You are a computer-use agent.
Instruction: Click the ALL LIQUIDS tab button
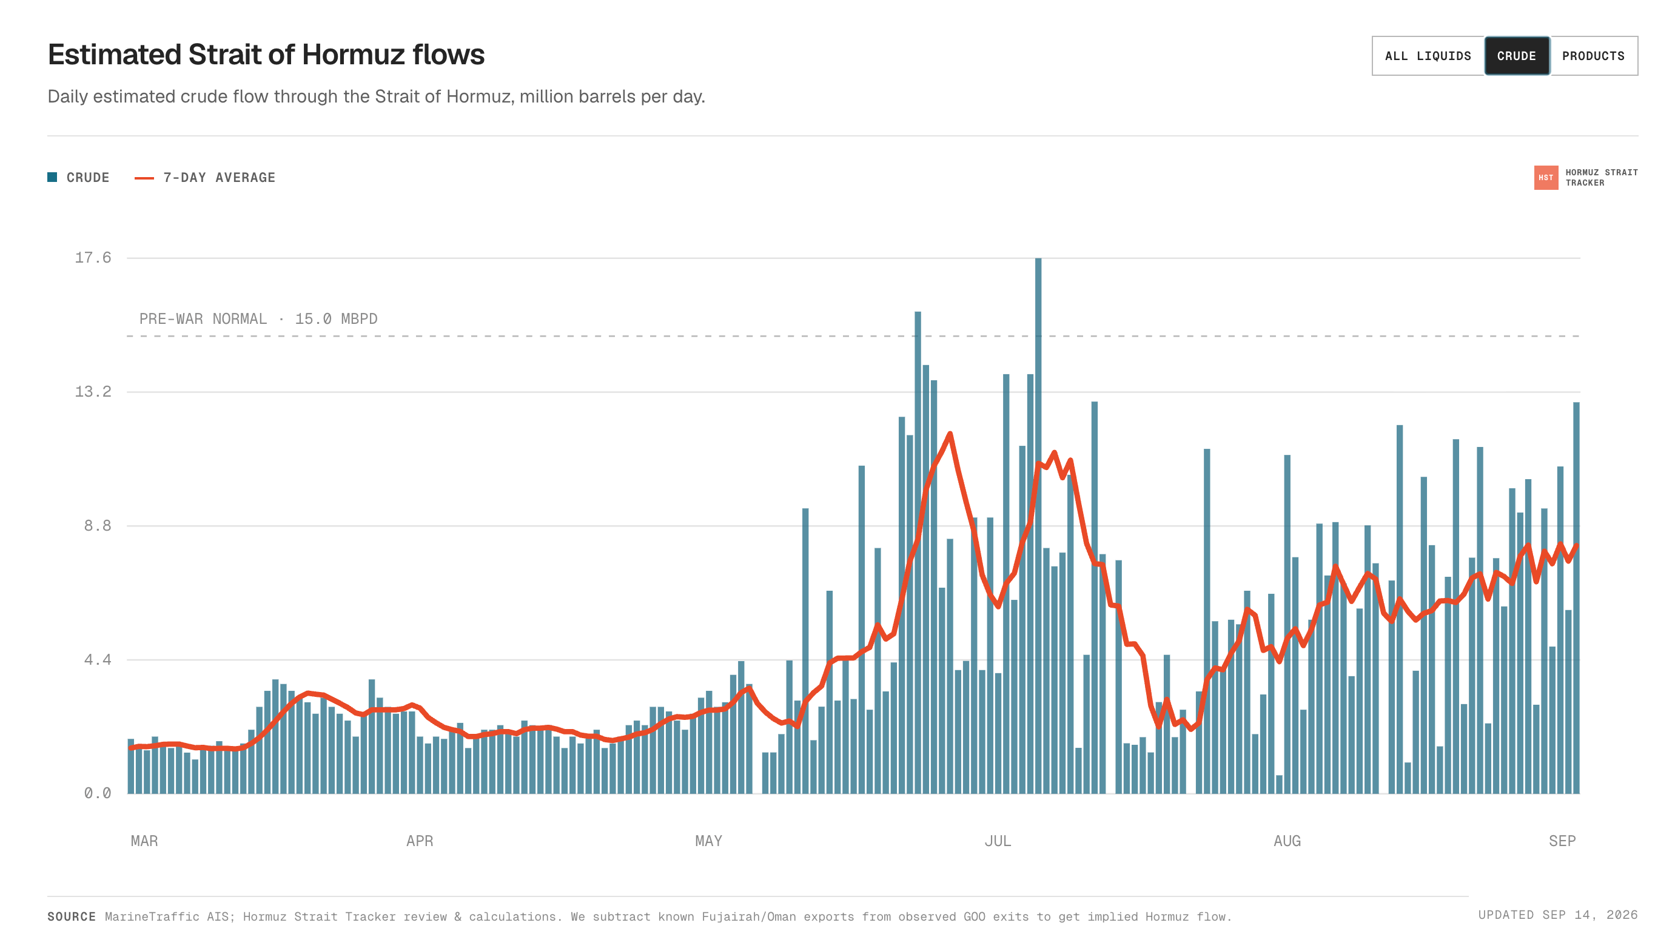point(1428,56)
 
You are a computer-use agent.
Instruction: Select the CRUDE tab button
point(1516,56)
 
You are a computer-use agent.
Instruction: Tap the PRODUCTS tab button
point(1593,56)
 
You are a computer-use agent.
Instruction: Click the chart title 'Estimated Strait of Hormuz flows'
point(266,55)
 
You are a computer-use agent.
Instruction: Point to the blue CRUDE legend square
point(52,178)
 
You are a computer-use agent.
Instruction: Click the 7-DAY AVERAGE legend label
point(220,178)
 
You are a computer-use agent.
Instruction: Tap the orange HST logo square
point(1546,178)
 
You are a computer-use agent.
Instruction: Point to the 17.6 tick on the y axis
point(93,257)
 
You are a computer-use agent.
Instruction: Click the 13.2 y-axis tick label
point(93,391)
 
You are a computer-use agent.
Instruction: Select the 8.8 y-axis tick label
point(98,526)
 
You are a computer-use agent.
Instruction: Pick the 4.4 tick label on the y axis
point(98,660)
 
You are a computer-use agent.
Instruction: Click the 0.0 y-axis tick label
point(98,793)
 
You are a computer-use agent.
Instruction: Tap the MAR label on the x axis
point(144,841)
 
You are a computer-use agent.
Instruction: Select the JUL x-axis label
point(998,841)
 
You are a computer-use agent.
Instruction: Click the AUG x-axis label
point(1287,841)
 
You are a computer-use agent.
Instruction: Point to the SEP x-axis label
point(1562,841)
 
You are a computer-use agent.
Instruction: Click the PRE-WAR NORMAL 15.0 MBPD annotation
point(258,319)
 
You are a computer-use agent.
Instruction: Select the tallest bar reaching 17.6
point(1038,526)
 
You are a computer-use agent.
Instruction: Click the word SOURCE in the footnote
point(72,916)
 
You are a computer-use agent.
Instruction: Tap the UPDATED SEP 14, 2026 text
point(1558,915)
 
